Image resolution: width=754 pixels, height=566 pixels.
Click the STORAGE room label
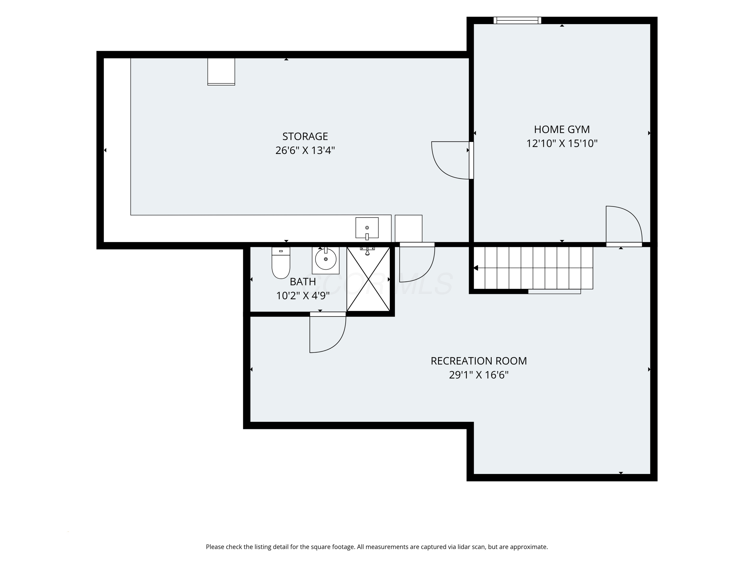coord(305,136)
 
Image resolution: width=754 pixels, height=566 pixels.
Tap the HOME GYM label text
coord(562,130)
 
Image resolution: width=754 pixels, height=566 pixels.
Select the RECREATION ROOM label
coord(479,361)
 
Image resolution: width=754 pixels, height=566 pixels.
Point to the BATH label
coord(303,282)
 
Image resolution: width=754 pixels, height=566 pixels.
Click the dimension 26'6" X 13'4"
coord(305,150)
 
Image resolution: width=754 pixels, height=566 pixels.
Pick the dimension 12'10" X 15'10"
coord(562,144)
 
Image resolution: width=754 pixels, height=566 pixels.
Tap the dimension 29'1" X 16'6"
coord(479,375)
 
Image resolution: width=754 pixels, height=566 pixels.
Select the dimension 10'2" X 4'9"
coord(303,296)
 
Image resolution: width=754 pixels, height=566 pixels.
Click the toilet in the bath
coord(281,263)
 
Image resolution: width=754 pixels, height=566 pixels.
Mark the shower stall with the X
coord(368,279)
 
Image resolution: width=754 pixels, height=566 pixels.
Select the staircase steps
coord(534,268)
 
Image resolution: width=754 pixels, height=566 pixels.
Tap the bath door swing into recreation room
coord(327,332)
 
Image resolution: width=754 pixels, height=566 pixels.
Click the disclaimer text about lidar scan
coord(377,547)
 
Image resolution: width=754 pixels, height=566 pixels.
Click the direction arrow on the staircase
coord(476,268)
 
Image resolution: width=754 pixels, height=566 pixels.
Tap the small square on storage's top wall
coord(221,71)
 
